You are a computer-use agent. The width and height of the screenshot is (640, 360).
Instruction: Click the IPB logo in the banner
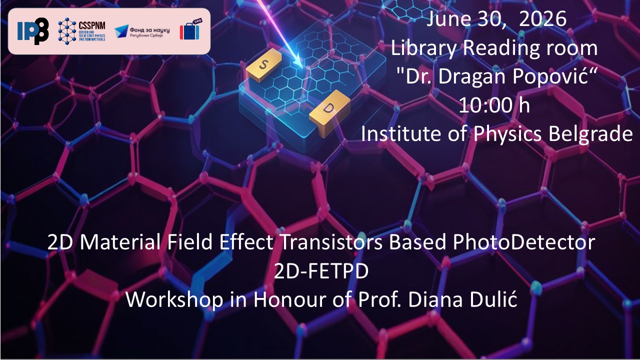click(33, 31)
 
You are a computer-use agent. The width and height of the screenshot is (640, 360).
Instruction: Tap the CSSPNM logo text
click(92, 25)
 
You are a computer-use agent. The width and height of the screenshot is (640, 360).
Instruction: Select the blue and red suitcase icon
click(191, 29)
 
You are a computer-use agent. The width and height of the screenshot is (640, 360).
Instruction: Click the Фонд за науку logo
click(142, 31)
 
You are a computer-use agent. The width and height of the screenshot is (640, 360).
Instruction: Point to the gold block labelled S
click(263, 65)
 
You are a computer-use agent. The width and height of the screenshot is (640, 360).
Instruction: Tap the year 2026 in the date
click(542, 19)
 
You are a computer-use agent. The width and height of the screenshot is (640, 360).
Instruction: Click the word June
click(448, 19)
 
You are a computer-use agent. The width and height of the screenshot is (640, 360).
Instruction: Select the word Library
click(423, 48)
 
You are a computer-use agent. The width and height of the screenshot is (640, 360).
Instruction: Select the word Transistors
click(331, 242)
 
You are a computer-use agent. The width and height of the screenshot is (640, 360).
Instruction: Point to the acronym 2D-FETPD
click(321, 271)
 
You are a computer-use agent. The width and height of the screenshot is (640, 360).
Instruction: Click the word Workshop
click(174, 299)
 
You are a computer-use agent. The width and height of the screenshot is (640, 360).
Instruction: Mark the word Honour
click(289, 299)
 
